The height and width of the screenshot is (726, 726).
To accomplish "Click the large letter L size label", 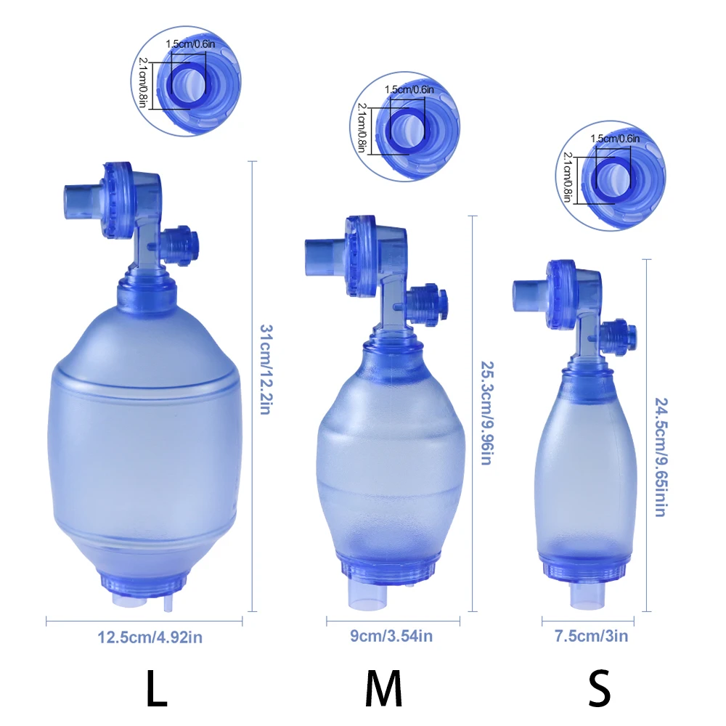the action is [157, 688].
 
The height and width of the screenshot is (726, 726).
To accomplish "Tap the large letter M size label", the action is [384, 688].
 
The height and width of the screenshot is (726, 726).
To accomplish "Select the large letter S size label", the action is [599, 688].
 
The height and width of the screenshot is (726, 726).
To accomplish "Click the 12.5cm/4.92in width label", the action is [150, 637].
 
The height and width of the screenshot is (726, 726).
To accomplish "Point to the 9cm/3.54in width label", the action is [391, 636].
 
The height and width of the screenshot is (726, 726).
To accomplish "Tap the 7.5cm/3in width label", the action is [591, 636].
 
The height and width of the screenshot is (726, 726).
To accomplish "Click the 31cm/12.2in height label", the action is [266, 369].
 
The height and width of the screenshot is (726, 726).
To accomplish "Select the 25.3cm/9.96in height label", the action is [487, 413].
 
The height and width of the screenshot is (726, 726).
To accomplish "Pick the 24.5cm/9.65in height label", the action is [661, 457].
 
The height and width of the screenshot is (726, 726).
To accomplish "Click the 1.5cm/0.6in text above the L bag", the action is [190, 44].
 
